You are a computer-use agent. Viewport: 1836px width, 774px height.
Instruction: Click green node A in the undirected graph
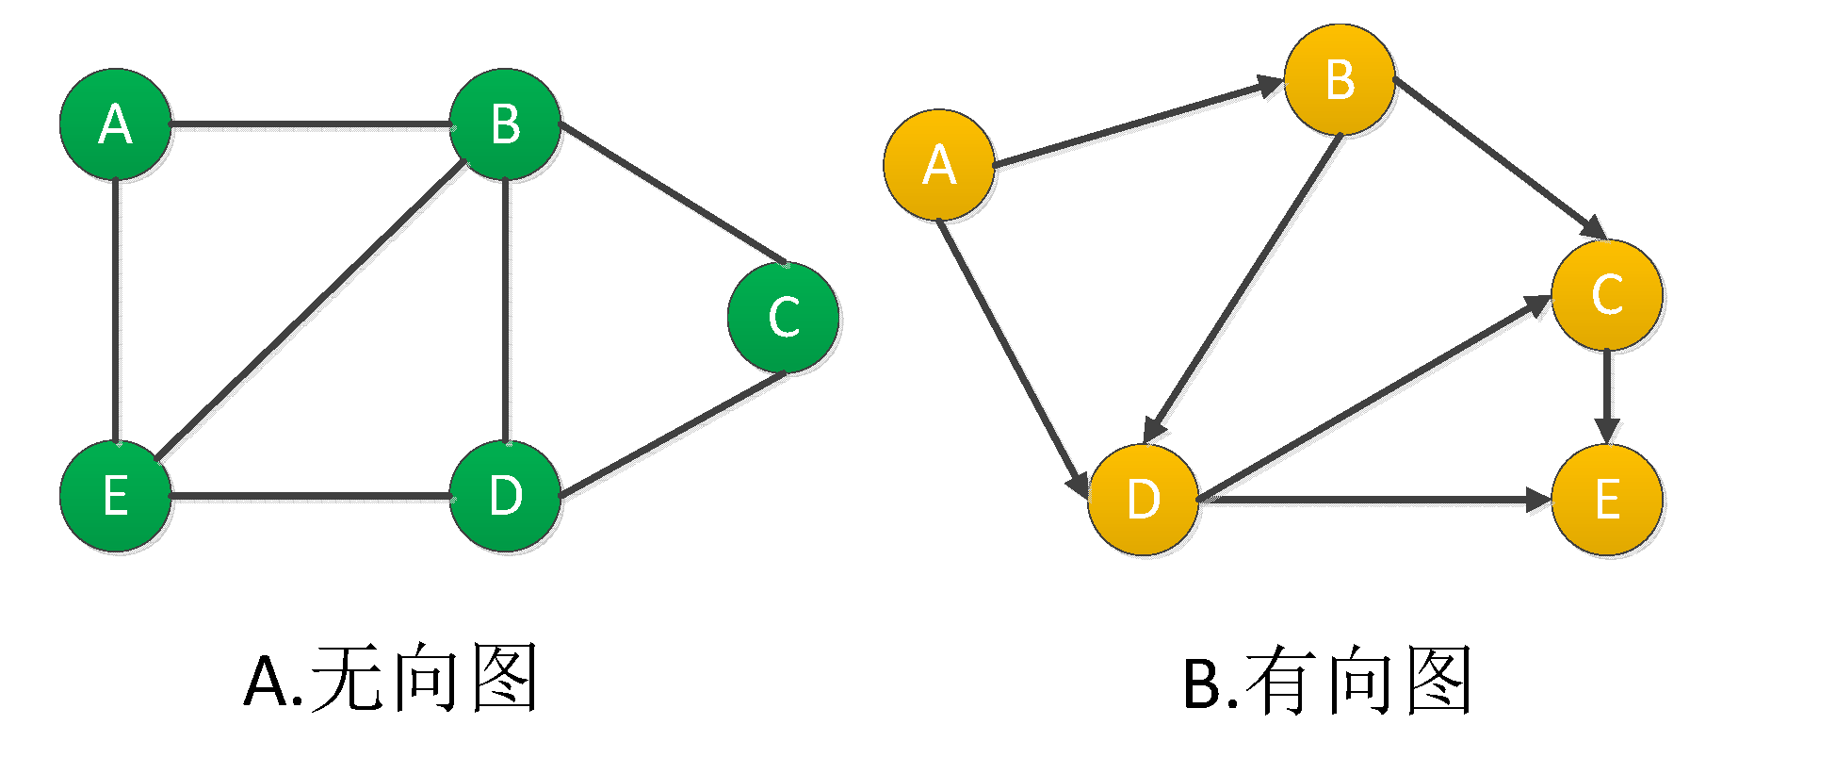[x=115, y=124]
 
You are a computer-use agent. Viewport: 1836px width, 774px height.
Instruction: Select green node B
[x=505, y=124]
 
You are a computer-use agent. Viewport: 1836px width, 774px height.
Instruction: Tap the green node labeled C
[x=783, y=317]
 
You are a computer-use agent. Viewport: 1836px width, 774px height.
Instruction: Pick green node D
[x=505, y=496]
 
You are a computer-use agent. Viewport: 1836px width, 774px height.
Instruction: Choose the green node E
[x=115, y=496]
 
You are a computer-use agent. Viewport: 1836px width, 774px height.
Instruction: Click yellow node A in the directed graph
[x=938, y=165]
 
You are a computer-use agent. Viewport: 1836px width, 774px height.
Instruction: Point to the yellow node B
[x=1339, y=79]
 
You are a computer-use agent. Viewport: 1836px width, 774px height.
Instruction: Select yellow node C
[x=1606, y=294]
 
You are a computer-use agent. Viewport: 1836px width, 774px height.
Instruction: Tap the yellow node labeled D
[x=1143, y=499]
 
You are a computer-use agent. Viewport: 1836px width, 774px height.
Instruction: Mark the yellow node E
[x=1606, y=499]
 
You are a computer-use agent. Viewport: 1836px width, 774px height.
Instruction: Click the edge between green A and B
[x=310, y=124]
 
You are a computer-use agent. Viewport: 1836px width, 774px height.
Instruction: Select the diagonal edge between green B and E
[x=311, y=310]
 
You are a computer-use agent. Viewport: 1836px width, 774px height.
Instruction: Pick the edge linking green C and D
[x=672, y=435]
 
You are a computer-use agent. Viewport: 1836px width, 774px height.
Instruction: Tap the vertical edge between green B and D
[x=506, y=310]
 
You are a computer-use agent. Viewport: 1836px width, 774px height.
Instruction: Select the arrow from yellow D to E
[x=1374, y=499]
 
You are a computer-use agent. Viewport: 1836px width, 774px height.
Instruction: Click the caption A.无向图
[x=390, y=679]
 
